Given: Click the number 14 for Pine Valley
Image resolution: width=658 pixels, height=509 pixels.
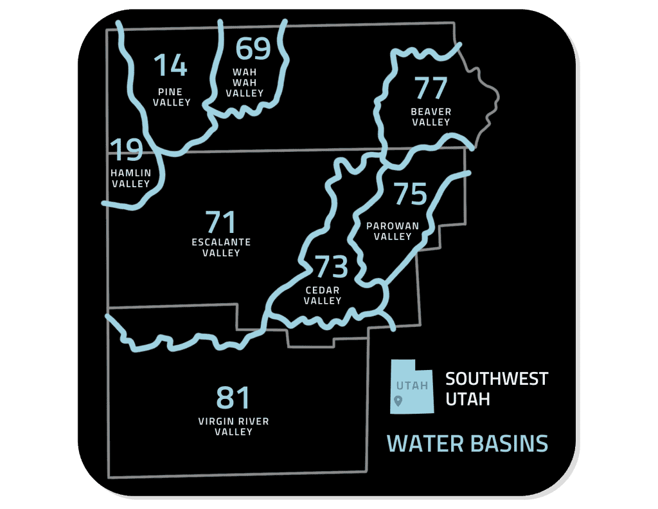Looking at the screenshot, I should (x=170, y=66).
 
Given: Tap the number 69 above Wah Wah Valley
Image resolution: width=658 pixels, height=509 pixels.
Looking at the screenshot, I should (x=253, y=49).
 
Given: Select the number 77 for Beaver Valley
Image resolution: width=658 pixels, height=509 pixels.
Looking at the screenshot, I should (x=431, y=89).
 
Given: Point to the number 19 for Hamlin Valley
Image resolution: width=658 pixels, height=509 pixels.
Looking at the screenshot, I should (x=126, y=151).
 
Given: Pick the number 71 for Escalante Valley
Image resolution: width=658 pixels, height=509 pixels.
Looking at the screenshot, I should (x=221, y=222).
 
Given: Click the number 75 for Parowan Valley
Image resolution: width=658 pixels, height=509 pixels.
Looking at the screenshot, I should (x=410, y=194).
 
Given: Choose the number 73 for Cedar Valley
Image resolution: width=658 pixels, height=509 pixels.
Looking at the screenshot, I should (x=331, y=266).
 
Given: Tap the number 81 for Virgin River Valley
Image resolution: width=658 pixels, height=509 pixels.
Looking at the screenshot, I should (x=233, y=398).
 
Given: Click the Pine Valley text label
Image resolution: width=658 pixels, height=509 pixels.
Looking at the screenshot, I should (x=172, y=97).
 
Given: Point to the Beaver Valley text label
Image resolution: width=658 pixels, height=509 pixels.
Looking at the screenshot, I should (x=431, y=116).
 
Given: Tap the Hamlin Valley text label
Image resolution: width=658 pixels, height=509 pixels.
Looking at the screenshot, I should (x=130, y=178).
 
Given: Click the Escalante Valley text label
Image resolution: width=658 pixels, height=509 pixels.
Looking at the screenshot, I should (x=221, y=247).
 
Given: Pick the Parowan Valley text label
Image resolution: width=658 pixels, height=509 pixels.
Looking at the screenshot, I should (x=393, y=231).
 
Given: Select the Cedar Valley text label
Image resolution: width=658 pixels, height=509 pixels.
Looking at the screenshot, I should (x=323, y=295).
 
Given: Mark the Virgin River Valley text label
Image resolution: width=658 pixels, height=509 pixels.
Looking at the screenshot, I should (x=233, y=426).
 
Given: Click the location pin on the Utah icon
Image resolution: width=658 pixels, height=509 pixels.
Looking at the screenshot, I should (x=398, y=402).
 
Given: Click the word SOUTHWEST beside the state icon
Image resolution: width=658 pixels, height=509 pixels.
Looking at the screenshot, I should (x=497, y=378).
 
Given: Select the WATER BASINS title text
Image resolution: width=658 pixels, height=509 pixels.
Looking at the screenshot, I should (x=467, y=443).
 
